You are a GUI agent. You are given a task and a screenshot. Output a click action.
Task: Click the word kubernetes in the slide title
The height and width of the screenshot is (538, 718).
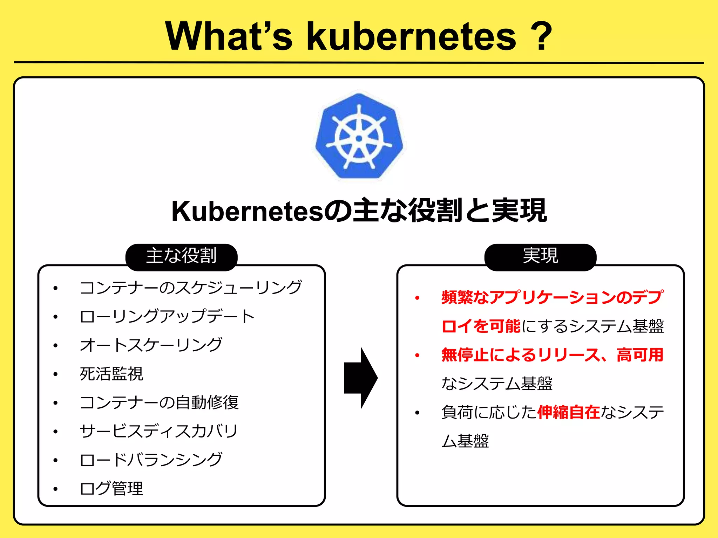pyautogui.click(x=411, y=36)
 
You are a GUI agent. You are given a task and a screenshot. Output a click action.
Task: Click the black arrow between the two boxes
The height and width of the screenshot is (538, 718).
pyautogui.click(x=360, y=378)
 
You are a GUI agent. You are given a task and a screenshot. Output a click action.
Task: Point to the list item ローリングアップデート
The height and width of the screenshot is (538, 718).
pyautogui.click(x=167, y=316)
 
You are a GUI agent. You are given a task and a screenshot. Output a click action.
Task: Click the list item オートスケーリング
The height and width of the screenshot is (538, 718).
pyautogui.click(x=151, y=345)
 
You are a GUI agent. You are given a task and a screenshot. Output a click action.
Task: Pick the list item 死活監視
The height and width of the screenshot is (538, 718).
pyautogui.click(x=111, y=374)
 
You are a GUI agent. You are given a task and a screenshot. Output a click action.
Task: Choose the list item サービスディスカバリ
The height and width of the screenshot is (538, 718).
pyautogui.click(x=159, y=431)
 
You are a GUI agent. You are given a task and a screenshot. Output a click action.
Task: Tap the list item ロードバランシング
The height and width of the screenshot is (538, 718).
pyautogui.click(x=151, y=460)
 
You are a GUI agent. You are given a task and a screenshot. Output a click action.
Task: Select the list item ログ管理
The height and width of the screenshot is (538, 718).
pyautogui.click(x=111, y=489)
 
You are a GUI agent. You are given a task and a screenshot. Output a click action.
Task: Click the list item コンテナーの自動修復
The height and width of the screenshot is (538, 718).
pyautogui.click(x=159, y=402)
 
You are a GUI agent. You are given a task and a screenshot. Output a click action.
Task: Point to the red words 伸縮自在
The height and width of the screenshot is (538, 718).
pyautogui.click(x=568, y=412)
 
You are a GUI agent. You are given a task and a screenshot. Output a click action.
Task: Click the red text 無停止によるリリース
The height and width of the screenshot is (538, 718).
pyautogui.click(x=520, y=355)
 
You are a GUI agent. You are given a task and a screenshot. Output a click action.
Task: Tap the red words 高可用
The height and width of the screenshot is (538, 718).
pyautogui.click(x=640, y=355)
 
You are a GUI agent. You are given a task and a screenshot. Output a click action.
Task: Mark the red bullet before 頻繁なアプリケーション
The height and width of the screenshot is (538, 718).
pyautogui.click(x=417, y=298)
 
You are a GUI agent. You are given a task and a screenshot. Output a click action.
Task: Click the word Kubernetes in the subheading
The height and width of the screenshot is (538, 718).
pyautogui.click(x=247, y=211)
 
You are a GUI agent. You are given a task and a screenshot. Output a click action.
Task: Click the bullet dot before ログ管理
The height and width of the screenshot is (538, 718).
pyautogui.click(x=55, y=489)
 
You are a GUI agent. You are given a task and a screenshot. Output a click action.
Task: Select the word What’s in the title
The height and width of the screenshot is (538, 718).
pyautogui.click(x=229, y=36)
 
